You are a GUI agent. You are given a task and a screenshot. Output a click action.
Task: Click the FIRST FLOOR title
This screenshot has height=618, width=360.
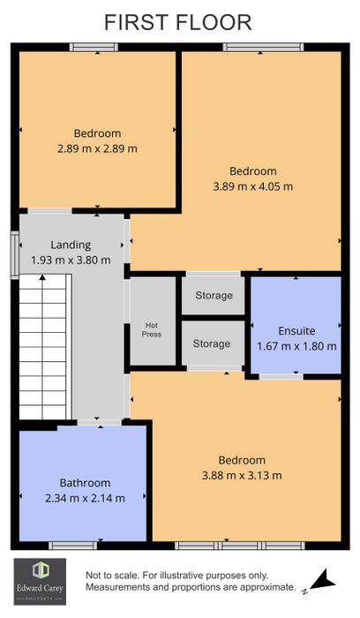click(x=178, y=22)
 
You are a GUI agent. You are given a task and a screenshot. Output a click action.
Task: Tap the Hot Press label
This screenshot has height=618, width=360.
click(x=152, y=329)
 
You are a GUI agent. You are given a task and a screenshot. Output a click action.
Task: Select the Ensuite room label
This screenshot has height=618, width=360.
click(x=296, y=331)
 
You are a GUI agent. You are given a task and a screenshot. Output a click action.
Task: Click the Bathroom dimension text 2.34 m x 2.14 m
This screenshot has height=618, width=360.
click(x=85, y=498)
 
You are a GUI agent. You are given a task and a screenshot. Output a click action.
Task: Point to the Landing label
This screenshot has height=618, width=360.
click(x=71, y=245)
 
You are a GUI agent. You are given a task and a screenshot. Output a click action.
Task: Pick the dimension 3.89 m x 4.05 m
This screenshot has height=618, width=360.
click(x=253, y=186)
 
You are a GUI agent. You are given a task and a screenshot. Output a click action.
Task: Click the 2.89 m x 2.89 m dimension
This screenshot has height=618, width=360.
click(x=97, y=148)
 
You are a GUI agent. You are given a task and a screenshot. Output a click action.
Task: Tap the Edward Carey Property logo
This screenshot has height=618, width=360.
click(x=41, y=582)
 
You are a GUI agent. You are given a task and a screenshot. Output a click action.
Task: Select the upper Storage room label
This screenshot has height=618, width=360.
click(x=214, y=296)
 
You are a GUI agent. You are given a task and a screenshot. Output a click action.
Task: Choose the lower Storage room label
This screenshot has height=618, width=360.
click(x=212, y=343)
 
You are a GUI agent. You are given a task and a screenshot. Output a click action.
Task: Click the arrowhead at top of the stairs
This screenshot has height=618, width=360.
click(x=42, y=277)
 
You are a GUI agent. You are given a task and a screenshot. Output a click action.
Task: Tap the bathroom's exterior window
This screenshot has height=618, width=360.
click(x=73, y=546)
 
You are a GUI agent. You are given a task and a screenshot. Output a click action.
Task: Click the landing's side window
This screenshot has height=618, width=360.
click(x=15, y=255)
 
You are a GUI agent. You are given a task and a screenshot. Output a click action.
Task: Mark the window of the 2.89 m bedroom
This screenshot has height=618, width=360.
click(x=94, y=48)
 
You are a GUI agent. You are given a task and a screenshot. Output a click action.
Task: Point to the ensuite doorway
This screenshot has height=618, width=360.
click(x=281, y=376)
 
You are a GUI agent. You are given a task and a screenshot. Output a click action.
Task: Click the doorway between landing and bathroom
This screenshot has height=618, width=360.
click(x=99, y=422)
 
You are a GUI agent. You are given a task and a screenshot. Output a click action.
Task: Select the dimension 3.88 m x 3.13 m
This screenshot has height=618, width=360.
click(x=242, y=475)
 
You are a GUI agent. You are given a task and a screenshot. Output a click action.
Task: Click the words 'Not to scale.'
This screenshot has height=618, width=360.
click(x=112, y=576)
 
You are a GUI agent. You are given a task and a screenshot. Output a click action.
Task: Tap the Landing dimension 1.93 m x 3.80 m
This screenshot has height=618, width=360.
click(x=71, y=260)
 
